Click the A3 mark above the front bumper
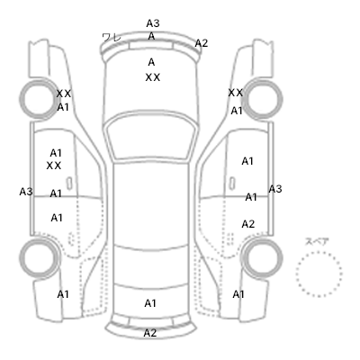153,23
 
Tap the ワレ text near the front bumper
112,38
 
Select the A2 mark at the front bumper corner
202,43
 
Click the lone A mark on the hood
151,62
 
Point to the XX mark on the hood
153,77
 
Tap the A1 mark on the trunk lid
150,303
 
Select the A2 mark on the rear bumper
150,333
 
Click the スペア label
317,242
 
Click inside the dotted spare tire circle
319,274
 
